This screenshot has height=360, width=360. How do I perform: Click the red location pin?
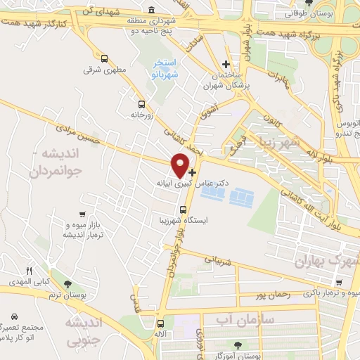(x=181, y=165)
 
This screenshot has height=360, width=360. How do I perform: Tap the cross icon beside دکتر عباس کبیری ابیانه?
(x=193, y=172)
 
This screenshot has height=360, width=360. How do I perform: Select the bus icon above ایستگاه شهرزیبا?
(x=184, y=209)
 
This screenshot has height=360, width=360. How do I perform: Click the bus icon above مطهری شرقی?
(x=105, y=59)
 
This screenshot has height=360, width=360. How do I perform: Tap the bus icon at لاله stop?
(x=161, y=324)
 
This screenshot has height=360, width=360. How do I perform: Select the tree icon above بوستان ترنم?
(x=67, y=284)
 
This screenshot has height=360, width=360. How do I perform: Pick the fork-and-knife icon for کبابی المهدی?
(x=29, y=270)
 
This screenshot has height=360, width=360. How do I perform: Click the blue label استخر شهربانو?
(x=166, y=69)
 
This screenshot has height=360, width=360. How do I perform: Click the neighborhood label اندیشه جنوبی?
(x=84, y=332)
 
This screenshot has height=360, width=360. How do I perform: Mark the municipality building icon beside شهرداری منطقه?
(x=153, y=11)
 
